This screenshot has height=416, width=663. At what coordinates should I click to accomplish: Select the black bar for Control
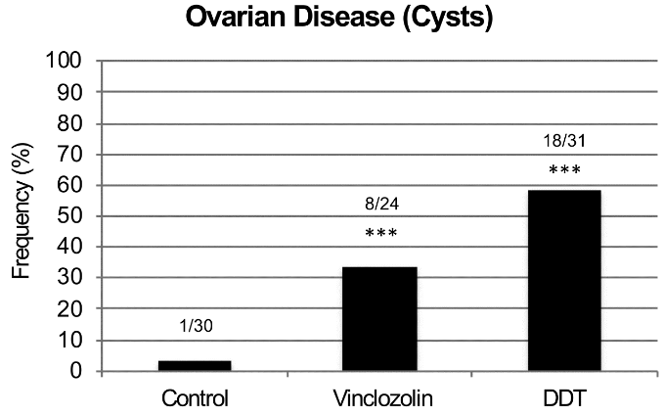[195, 366]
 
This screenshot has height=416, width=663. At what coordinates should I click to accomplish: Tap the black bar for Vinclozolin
[379, 319]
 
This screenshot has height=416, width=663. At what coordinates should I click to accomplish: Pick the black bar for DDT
[564, 281]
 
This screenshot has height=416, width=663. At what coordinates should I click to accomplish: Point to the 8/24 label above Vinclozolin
[380, 207]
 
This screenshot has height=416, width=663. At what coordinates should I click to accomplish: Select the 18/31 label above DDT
[564, 141]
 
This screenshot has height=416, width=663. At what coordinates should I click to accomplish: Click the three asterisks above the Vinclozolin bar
[380, 235]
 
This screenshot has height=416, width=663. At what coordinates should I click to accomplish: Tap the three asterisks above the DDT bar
[564, 171]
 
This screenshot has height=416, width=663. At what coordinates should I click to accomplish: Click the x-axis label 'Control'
[195, 399]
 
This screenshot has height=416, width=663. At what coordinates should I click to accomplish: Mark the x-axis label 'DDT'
[564, 399]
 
